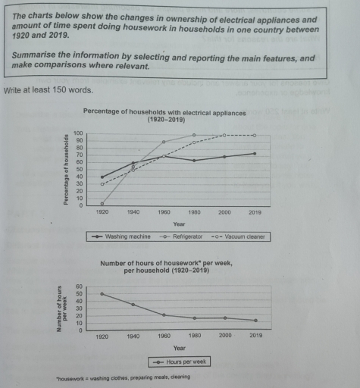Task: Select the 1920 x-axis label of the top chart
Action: (102, 212)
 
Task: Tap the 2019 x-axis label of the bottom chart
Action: (255, 335)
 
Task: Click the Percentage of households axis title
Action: (68, 168)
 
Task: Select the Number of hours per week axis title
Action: (62, 308)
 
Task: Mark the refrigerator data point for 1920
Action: (102, 203)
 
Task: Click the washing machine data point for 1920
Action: (102, 177)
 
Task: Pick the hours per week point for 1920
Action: (102, 294)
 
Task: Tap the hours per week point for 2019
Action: (255, 321)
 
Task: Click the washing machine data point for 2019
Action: (255, 154)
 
